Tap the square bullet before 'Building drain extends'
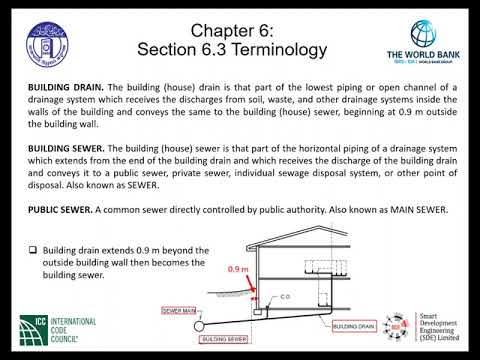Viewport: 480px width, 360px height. point(32,249)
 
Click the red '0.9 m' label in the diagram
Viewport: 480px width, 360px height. point(237,270)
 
